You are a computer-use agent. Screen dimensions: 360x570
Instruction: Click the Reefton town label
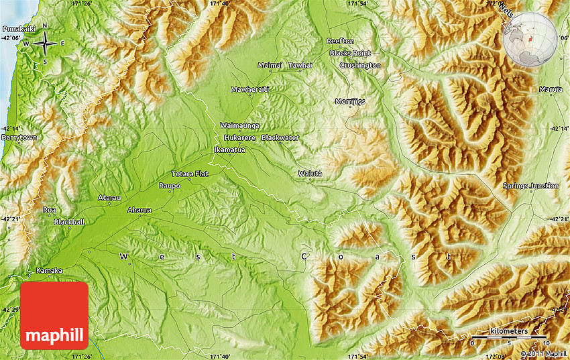click(x=340, y=42)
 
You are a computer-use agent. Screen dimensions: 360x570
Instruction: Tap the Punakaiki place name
click(x=18, y=29)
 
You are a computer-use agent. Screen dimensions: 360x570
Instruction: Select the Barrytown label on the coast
click(x=19, y=137)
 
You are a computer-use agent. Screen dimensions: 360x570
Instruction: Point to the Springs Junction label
click(x=530, y=186)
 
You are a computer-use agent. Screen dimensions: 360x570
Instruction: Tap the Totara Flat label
click(x=190, y=174)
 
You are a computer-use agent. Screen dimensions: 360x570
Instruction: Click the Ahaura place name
click(x=139, y=210)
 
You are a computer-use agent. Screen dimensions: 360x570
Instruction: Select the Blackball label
click(x=70, y=222)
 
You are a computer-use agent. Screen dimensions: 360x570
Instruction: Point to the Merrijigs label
click(x=350, y=101)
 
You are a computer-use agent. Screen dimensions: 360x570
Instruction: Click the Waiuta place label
click(x=310, y=174)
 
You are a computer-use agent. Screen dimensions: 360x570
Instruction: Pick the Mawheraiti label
click(x=249, y=89)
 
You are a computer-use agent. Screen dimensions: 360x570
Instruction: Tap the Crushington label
click(x=360, y=66)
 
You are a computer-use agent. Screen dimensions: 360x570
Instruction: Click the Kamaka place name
click(x=49, y=271)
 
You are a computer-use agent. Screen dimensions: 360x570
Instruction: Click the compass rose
click(x=44, y=44)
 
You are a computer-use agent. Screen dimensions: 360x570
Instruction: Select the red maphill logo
click(x=54, y=315)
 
